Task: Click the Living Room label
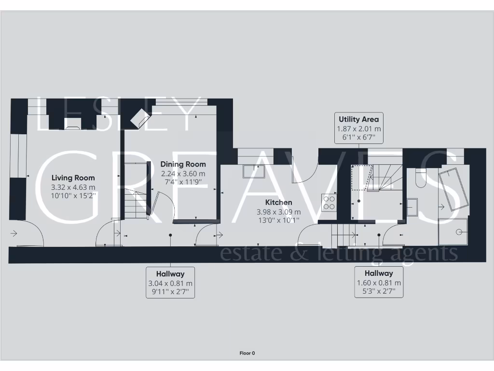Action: (73, 178)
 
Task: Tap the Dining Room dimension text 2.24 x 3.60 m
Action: (183, 173)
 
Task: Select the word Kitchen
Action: (278, 202)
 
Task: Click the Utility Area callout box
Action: (358, 128)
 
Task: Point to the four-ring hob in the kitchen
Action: (329, 202)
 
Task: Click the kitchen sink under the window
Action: (253, 171)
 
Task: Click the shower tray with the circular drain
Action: (453, 230)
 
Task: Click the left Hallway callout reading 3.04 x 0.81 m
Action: (170, 283)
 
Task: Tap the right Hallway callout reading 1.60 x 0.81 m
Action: (379, 282)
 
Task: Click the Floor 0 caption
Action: (247, 353)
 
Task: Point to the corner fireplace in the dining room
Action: (140, 118)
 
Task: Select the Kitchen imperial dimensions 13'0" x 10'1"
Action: (278, 221)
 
